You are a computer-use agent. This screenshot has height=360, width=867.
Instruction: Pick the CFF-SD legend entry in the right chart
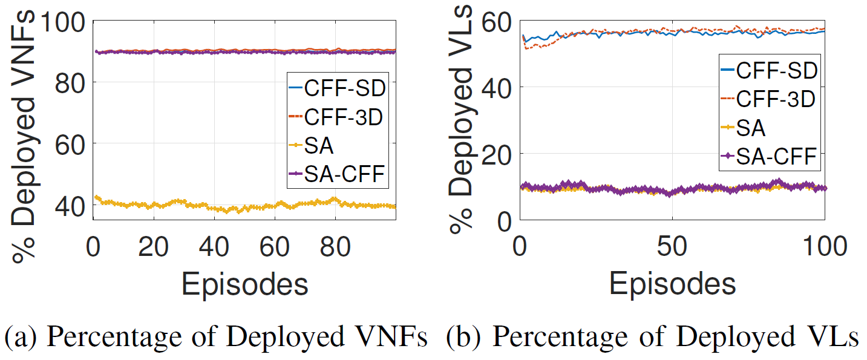[768, 70]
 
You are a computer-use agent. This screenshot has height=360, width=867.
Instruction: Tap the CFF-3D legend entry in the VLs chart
[768, 99]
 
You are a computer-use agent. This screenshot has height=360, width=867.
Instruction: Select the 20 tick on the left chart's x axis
[154, 248]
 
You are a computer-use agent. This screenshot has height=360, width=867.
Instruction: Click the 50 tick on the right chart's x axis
[672, 249]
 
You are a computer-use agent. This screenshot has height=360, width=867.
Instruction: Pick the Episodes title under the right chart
[672, 283]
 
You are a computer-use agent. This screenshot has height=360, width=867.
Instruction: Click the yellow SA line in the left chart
[182, 203]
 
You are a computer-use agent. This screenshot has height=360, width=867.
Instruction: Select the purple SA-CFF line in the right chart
[605, 189]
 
